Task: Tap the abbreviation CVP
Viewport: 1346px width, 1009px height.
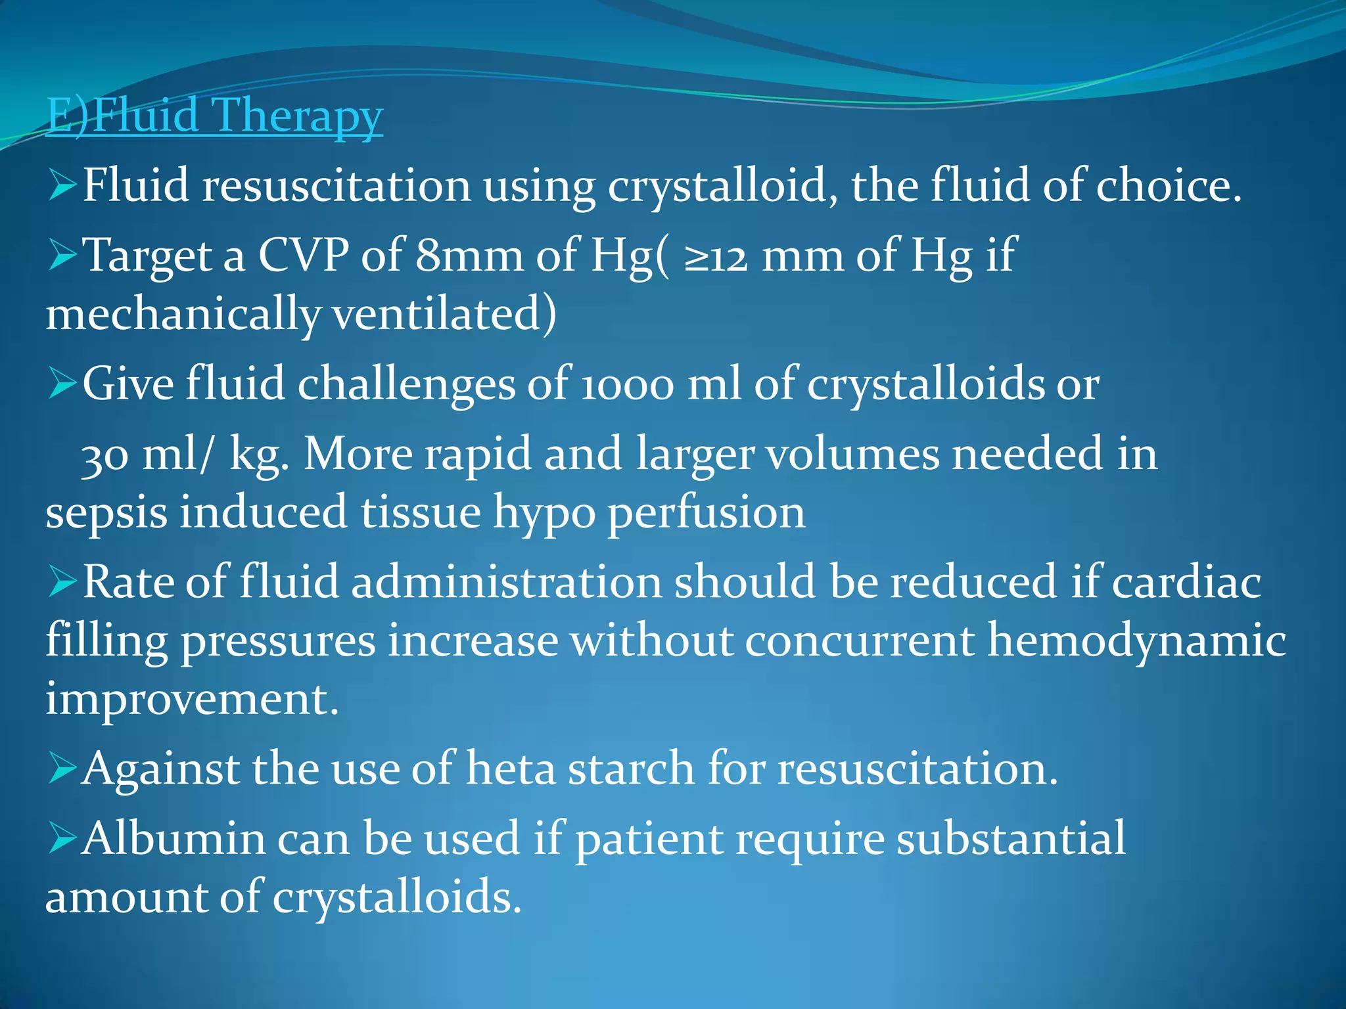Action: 303,255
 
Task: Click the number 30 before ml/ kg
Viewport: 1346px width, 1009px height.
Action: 104,456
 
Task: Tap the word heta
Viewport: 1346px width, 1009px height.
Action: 511,768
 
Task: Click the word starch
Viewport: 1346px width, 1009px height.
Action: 631,768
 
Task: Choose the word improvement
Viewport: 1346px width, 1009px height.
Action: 192,698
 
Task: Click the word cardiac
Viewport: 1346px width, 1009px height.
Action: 1186,583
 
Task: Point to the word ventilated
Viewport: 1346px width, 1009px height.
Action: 444,314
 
